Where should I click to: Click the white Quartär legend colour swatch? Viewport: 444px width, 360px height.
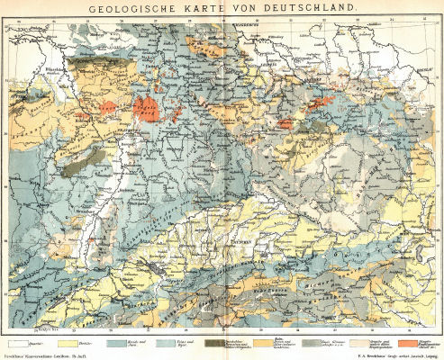[17, 342]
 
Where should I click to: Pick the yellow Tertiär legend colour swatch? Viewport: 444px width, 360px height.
[67, 342]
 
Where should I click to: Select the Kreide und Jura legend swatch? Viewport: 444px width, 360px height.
[117, 342]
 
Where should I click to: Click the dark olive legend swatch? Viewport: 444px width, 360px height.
[217, 342]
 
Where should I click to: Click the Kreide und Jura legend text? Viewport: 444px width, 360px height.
[141, 343]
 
